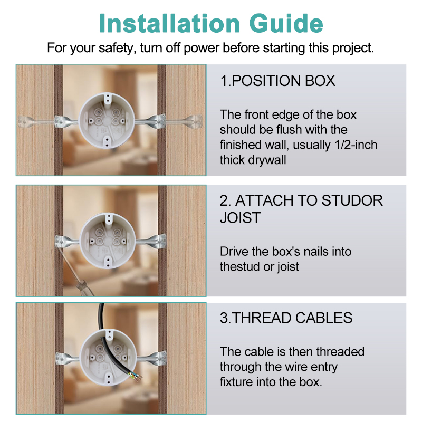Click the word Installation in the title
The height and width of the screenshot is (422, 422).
[169, 23]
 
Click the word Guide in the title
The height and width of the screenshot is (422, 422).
[286, 23]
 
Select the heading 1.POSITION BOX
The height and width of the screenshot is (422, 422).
[278, 81]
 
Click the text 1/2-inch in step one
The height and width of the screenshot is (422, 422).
[356, 145]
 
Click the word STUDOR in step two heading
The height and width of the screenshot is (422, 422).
[352, 200]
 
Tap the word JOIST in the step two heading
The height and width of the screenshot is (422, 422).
[241, 217]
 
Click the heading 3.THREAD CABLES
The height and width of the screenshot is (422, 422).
[286, 318]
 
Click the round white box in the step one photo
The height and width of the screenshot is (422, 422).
[107, 120]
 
